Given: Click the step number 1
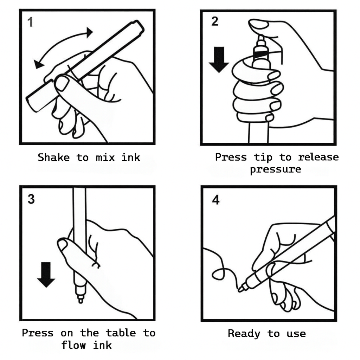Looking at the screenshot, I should pos(31,22).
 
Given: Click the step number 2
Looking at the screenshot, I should pos(214,21).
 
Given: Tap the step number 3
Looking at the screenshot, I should pos(31,199).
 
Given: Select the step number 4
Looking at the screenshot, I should pos(216,200).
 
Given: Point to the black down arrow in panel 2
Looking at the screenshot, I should pos(219,60).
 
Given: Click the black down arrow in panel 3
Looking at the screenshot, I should pos(46,274).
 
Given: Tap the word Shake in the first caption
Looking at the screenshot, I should pos(53,157).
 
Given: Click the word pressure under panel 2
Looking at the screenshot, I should pos(275,169).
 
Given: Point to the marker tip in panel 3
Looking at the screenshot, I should pos(81,300).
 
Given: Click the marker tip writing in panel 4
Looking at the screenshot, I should pos(242,289).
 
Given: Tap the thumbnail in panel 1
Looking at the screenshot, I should pos(62,83).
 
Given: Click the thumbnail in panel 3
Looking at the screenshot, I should pos(63,245).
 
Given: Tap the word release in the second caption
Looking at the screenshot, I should pos(318,157).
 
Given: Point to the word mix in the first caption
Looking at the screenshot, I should pos(105,157).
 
